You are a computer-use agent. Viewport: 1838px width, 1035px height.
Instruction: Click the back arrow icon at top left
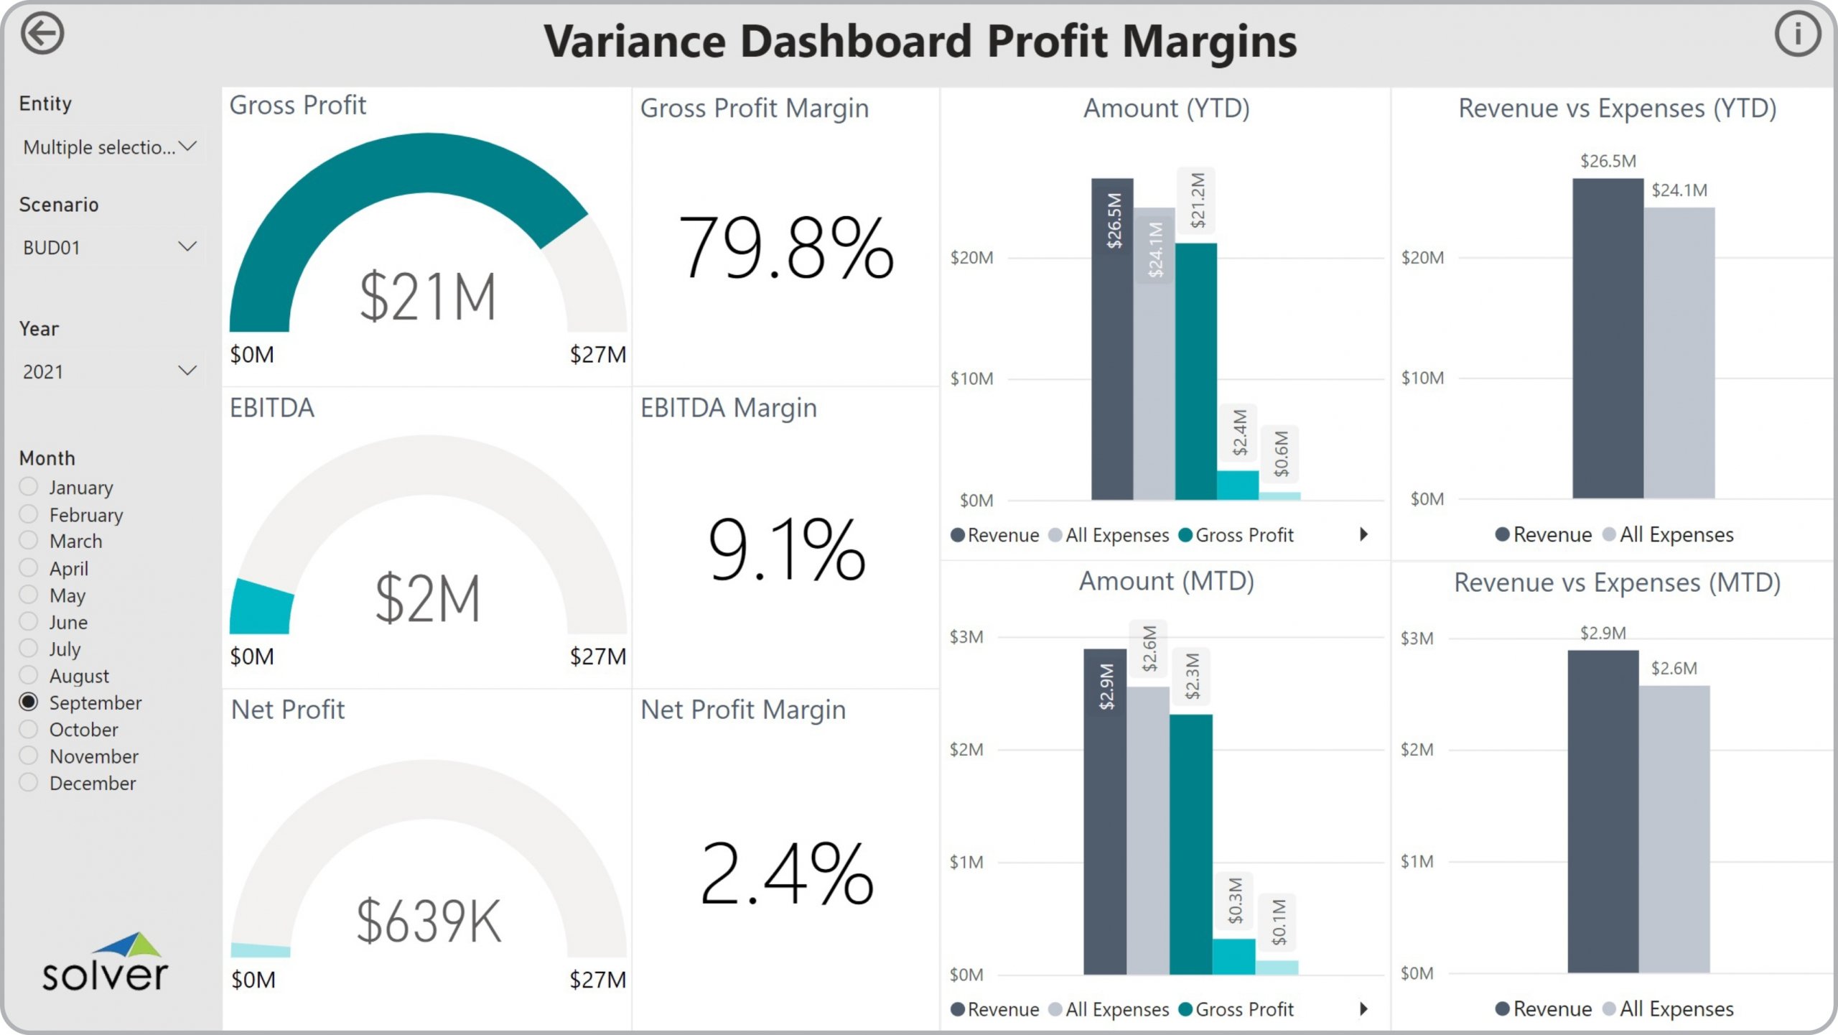pos(42,34)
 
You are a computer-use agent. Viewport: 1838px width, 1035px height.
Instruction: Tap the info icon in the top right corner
pos(1797,34)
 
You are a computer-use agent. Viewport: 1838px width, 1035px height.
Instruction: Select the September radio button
pos(29,702)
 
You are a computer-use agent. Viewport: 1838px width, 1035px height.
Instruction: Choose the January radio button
pos(29,487)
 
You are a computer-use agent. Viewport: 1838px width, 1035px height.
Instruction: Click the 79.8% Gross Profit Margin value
pos(786,247)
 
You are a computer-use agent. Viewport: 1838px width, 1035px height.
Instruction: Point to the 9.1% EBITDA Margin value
pos(786,549)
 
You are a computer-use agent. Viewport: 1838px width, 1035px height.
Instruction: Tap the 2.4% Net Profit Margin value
pos(786,873)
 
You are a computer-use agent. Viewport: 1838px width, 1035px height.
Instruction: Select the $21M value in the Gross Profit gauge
pos(428,296)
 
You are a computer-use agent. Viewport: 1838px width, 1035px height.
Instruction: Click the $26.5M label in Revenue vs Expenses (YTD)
pos(1608,161)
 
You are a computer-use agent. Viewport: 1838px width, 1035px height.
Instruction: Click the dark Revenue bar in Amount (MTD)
pos(1104,812)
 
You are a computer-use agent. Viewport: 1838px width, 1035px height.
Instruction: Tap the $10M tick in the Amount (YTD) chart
pos(971,379)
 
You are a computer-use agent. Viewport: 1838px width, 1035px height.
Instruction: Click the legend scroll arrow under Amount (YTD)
pos(1363,534)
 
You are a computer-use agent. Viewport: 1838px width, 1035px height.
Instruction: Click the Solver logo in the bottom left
pos(105,962)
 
